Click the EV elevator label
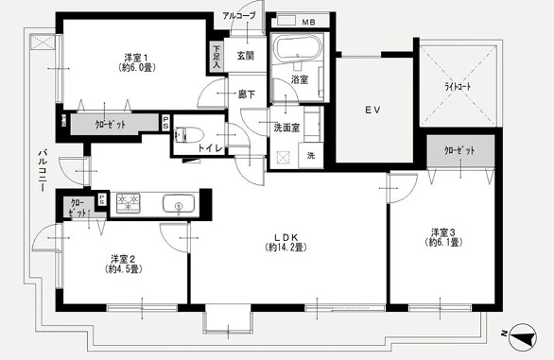coord(372,111)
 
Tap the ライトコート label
coord(458,86)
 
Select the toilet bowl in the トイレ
coord(185,134)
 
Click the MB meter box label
coord(308,20)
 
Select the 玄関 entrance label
coord(245,57)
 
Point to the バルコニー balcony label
coord(43,170)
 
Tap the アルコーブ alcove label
coord(238,16)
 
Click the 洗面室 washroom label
coord(287,129)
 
